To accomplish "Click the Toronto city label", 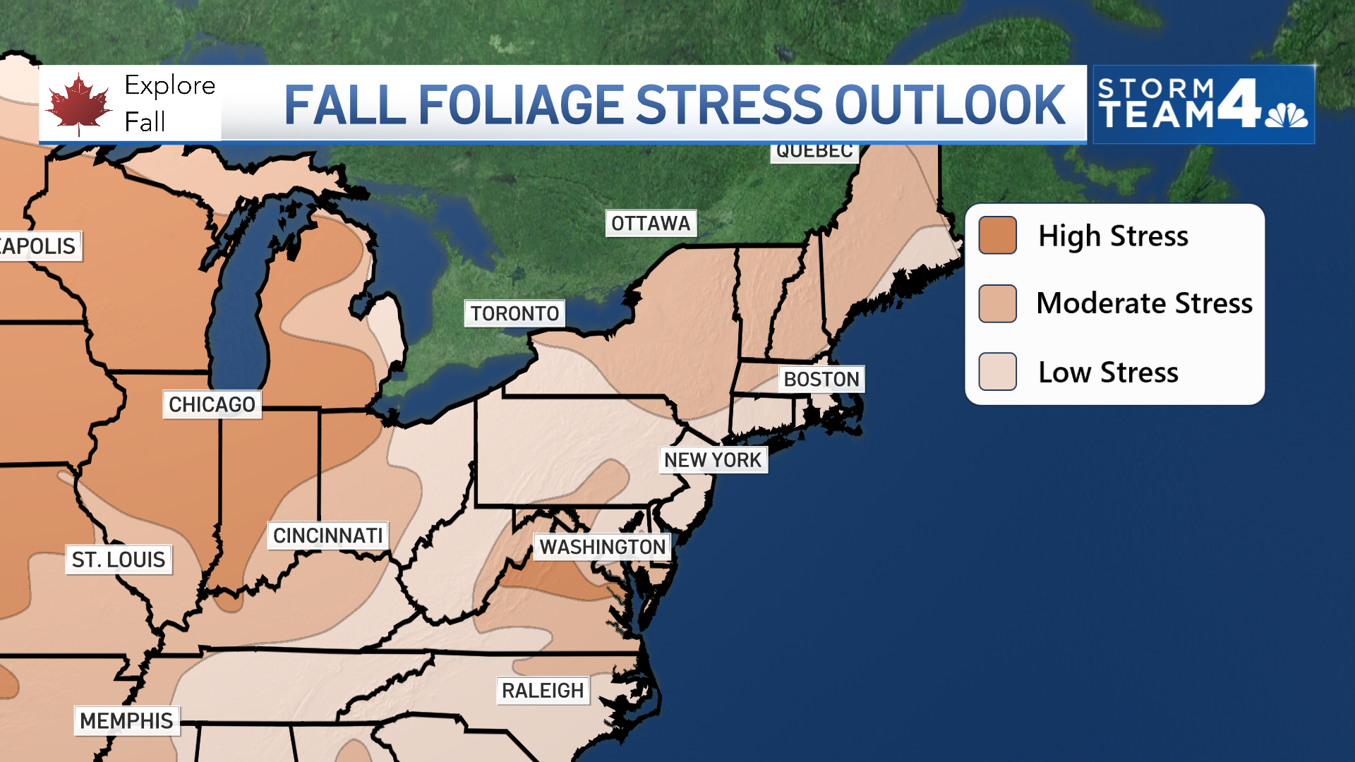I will tap(514, 313).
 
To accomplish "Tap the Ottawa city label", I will tap(651, 224).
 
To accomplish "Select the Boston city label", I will tap(821, 380).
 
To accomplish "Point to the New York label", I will tap(713, 460).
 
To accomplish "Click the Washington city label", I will tap(603, 547).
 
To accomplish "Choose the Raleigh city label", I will tap(543, 690).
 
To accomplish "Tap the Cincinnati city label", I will tap(328, 536).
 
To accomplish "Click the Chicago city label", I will tap(212, 404).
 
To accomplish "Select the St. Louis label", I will tap(119, 560).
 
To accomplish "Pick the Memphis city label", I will tap(126, 720).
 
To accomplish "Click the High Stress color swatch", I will tap(997, 235).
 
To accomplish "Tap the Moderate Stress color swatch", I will tap(997, 303).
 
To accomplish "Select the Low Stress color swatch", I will tap(997, 371).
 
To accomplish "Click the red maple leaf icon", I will tap(78, 104).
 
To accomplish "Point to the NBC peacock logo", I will tap(1287, 115).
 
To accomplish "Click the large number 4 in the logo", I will tap(1239, 103).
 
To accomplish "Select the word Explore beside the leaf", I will tap(169, 86).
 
